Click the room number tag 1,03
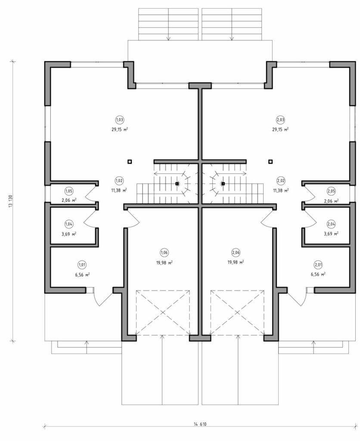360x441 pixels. tap(120, 120)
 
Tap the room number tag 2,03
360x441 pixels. tap(280, 120)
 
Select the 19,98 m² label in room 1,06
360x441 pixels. tap(165, 262)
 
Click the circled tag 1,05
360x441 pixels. tap(69, 191)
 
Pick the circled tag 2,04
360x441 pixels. tap(331, 224)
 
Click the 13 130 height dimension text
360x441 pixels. tap(11, 201)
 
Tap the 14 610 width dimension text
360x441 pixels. tap(200, 424)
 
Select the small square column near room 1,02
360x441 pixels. tap(129, 161)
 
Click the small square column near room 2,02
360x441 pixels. tap(270, 161)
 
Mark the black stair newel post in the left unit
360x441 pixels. tap(177, 183)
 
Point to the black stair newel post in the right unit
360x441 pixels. tap(223, 183)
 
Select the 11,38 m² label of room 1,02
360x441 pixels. tap(119, 190)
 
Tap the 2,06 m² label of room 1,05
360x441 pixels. tap(69, 200)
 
